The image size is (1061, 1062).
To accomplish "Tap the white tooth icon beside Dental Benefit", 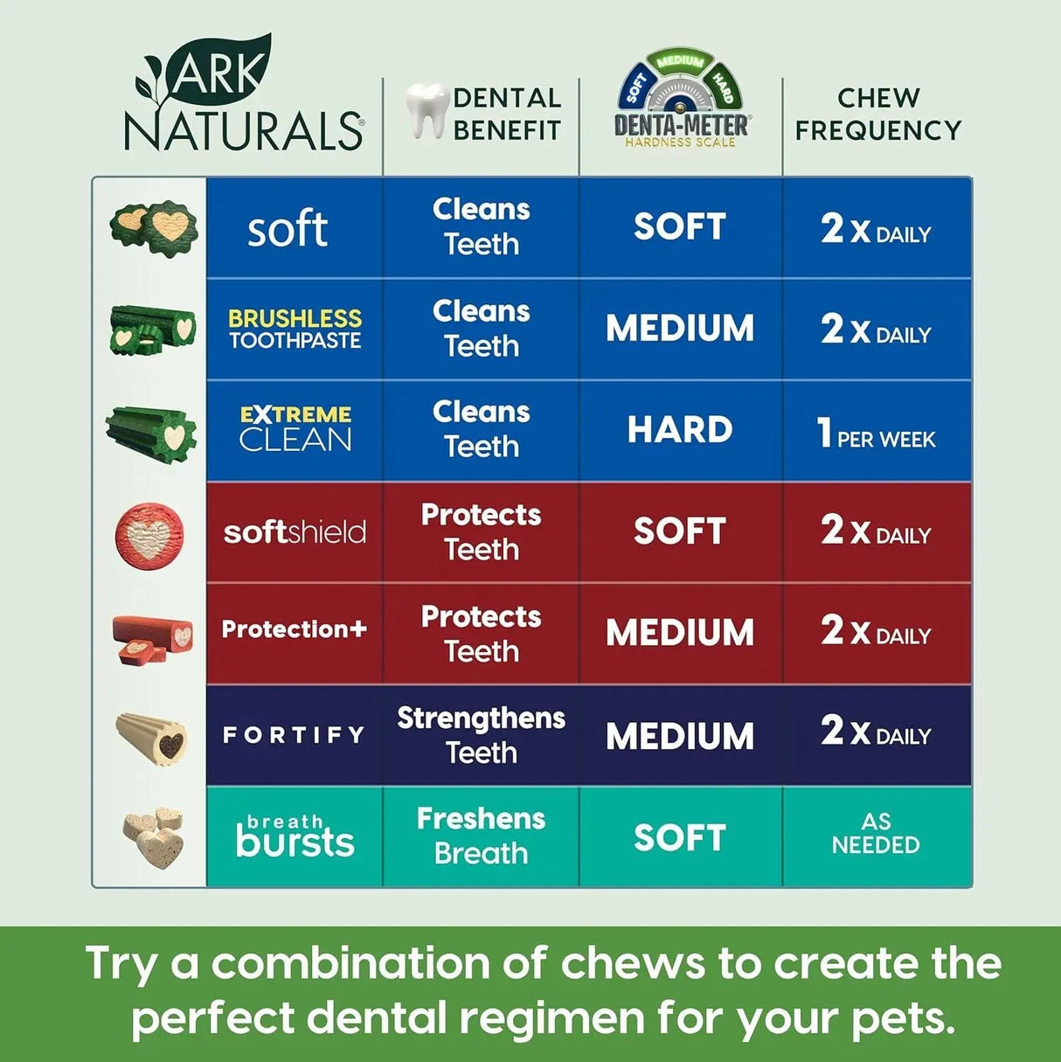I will (x=426, y=110).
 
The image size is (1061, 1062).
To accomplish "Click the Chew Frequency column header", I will (x=877, y=114).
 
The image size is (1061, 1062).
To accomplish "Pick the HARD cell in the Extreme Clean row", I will (x=680, y=430).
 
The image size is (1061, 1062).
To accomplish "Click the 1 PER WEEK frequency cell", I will (x=876, y=433).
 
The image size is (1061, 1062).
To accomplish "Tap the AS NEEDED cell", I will (x=876, y=834).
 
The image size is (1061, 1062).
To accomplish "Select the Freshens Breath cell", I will (x=481, y=836).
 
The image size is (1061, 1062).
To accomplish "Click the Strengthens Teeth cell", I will (x=481, y=734).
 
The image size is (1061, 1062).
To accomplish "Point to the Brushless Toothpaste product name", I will (x=295, y=330).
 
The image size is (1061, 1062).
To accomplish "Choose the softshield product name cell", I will (x=295, y=531).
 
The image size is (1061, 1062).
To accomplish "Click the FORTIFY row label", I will (x=294, y=735).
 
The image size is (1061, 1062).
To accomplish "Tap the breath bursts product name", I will (x=295, y=836).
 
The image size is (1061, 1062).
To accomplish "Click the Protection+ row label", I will (x=295, y=629).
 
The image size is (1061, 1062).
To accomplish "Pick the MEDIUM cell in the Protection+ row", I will (x=680, y=633).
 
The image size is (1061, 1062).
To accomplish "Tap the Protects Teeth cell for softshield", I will (x=481, y=531).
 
